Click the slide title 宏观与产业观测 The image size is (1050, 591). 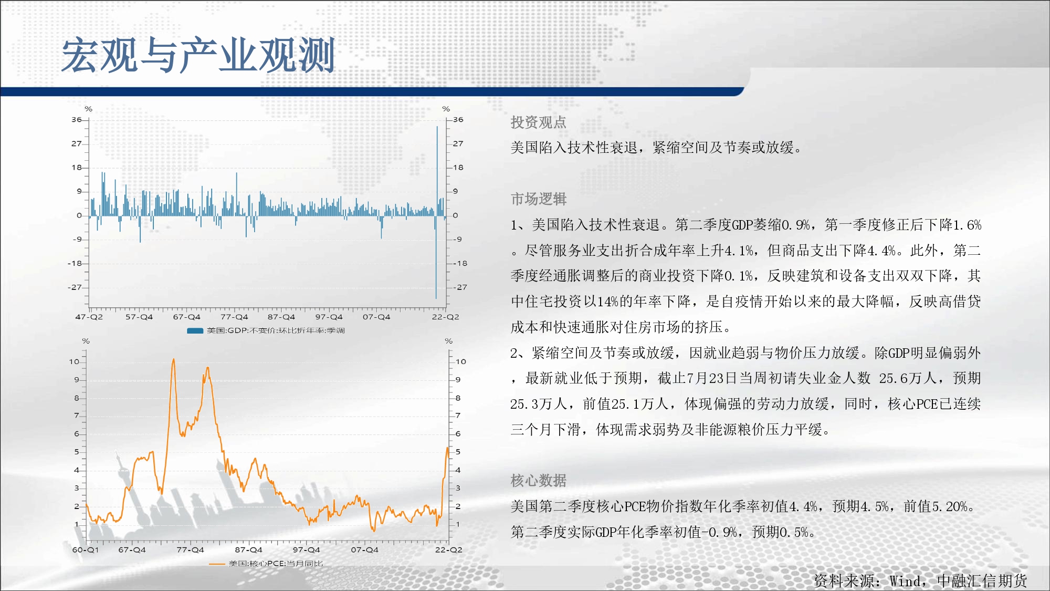click(x=198, y=55)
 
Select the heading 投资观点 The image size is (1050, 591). click(x=539, y=122)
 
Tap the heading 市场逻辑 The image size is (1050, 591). click(x=539, y=199)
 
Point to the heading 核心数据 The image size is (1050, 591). click(x=539, y=481)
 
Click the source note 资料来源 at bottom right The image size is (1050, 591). click(x=920, y=580)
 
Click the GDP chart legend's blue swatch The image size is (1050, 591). click(x=195, y=331)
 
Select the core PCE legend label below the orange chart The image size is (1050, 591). click(x=276, y=564)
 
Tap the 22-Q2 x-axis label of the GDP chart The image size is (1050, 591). click(x=445, y=317)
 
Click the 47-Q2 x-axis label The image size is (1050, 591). click(x=89, y=317)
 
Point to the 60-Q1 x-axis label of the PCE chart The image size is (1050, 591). click(x=86, y=550)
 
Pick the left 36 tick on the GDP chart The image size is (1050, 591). click(x=77, y=120)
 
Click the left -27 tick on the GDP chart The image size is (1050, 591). click(x=75, y=287)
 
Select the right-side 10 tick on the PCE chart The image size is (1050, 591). click(x=461, y=361)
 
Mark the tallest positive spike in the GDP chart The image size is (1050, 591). click(x=437, y=127)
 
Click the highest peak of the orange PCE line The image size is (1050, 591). click(x=173, y=359)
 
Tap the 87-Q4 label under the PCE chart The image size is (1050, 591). click(x=248, y=550)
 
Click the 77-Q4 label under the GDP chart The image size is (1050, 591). click(x=234, y=317)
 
